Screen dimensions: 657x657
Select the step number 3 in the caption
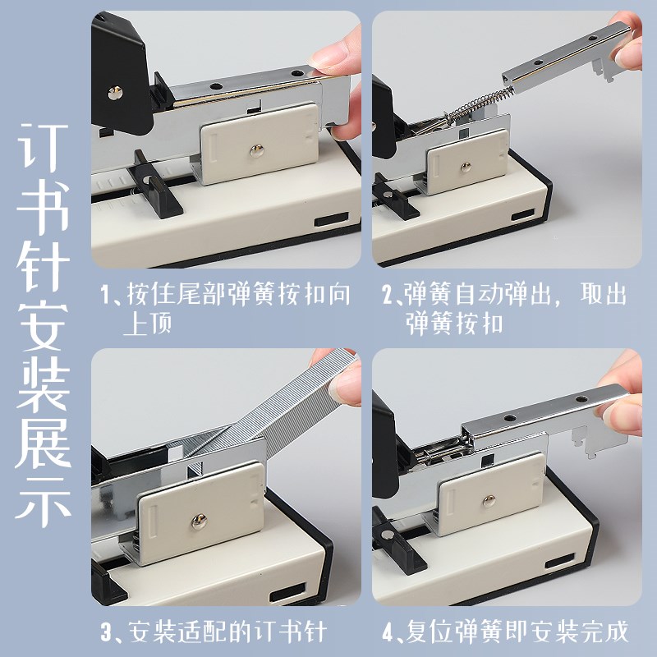click(x=106, y=633)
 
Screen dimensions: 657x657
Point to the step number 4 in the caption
click(x=388, y=633)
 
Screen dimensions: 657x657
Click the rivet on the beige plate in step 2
click(x=466, y=168)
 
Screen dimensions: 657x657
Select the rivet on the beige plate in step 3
click(x=197, y=518)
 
